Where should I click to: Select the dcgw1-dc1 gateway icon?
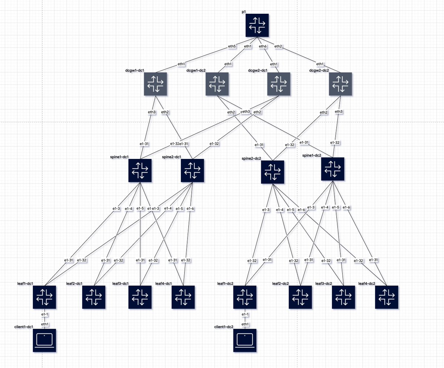(x=155, y=84)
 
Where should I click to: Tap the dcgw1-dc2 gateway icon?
(x=217, y=84)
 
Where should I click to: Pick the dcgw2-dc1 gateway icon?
(x=279, y=84)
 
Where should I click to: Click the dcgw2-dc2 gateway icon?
(x=340, y=84)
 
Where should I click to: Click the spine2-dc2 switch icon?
(x=272, y=172)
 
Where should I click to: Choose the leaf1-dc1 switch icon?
(x=44, y=297)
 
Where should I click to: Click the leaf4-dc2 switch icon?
(x=387, y=297)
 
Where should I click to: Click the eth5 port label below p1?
(x=232, y=46)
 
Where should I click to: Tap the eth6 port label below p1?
(x=263, y=46)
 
